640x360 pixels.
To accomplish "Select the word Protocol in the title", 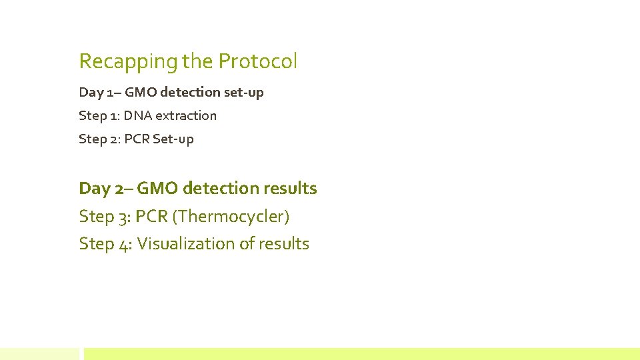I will click(x=258, y=61).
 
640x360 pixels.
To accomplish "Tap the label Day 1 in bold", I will click(x=93, y=93).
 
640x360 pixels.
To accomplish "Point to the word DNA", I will click(x=138, y=116).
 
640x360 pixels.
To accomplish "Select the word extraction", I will click(x=186, y=116).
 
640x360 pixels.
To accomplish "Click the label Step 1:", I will click(x=99, y=116).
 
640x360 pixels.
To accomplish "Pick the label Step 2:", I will click(x=99, y=139).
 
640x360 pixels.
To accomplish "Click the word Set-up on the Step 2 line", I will click(x=173, y=139).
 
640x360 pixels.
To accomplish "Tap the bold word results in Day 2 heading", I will click(x=290, y=189).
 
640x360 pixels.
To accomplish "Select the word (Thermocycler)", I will click(x=231, y=217).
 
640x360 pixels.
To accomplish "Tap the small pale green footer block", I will click(x=39, y=354).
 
